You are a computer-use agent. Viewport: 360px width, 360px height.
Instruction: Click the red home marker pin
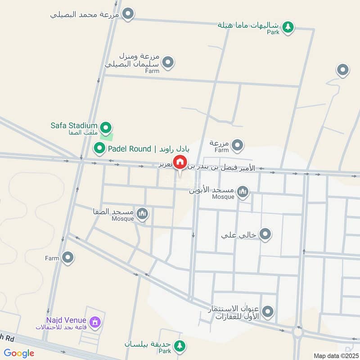[180, 162]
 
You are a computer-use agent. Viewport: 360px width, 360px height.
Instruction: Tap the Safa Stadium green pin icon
[106, 128]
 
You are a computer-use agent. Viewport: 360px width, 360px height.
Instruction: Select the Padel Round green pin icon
[99, 148]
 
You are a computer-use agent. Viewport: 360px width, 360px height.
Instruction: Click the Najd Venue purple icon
[95, 322]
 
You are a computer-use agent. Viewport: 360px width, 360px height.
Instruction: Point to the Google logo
[19, 354]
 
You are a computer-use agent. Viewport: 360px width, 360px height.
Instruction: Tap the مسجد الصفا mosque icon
[143, 213]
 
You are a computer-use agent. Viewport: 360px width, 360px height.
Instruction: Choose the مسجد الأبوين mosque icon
[243, 193]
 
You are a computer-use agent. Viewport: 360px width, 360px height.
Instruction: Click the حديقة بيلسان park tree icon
[180, 345]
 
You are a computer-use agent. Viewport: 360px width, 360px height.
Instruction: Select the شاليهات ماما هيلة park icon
[288, 27]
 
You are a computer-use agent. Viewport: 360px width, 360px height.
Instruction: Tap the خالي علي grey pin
[265, 234]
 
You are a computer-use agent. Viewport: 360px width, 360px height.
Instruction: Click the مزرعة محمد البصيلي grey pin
[128, 14]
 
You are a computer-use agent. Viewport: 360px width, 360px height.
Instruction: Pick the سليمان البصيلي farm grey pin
[168, 62]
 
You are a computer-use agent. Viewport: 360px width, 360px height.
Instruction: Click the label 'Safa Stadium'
[74, 125]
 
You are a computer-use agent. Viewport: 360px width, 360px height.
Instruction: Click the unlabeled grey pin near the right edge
[343, 70]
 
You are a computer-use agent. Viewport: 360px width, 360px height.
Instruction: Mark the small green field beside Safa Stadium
[109, 136]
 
